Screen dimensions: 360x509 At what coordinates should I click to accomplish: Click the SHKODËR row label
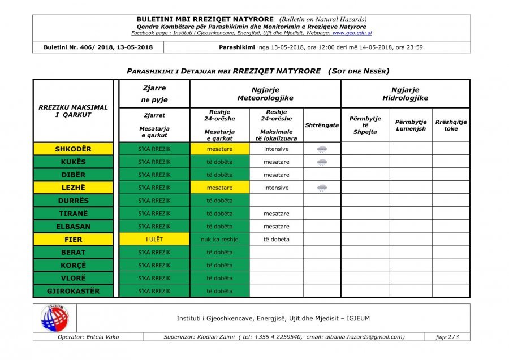[x=73, y=149]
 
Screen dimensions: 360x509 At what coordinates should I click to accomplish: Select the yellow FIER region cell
[x=73, y=240]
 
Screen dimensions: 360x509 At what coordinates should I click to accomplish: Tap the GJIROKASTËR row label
[x=73, y=291]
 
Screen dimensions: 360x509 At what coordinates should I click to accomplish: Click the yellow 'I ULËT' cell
[x=154, y=240]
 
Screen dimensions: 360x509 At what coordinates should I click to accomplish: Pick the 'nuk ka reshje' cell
[x=219, y=240]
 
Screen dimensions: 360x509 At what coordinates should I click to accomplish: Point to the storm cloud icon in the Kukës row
[x=322, y=162]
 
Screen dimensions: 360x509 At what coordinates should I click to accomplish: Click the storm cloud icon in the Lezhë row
[x=322, y=188]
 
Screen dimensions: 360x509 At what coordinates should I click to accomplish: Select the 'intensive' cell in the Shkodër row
[x=276, y=149]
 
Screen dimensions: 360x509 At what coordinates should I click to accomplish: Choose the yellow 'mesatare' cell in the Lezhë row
[x=219, y=188]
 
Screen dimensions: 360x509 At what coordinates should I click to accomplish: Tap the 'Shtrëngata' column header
[x=322, y=125]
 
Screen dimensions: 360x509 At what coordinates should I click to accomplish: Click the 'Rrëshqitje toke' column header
[x=451, y=125]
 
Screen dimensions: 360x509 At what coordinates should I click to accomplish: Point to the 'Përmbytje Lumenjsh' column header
[x=411, y=125]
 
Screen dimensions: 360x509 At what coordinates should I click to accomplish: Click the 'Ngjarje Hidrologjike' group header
[x=405, y=94]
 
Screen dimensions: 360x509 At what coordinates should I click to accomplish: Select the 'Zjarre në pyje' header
[x=154, y=94]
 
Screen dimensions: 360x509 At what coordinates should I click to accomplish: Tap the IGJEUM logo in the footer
[x=54, y=318]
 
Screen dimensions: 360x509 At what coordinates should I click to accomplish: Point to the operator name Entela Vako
[x=88, y=337]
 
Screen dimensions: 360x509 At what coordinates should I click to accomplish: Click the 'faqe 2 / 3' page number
[x=447, y=337]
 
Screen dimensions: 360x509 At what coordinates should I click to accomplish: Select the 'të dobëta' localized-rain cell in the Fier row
[x=276, y=240]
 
